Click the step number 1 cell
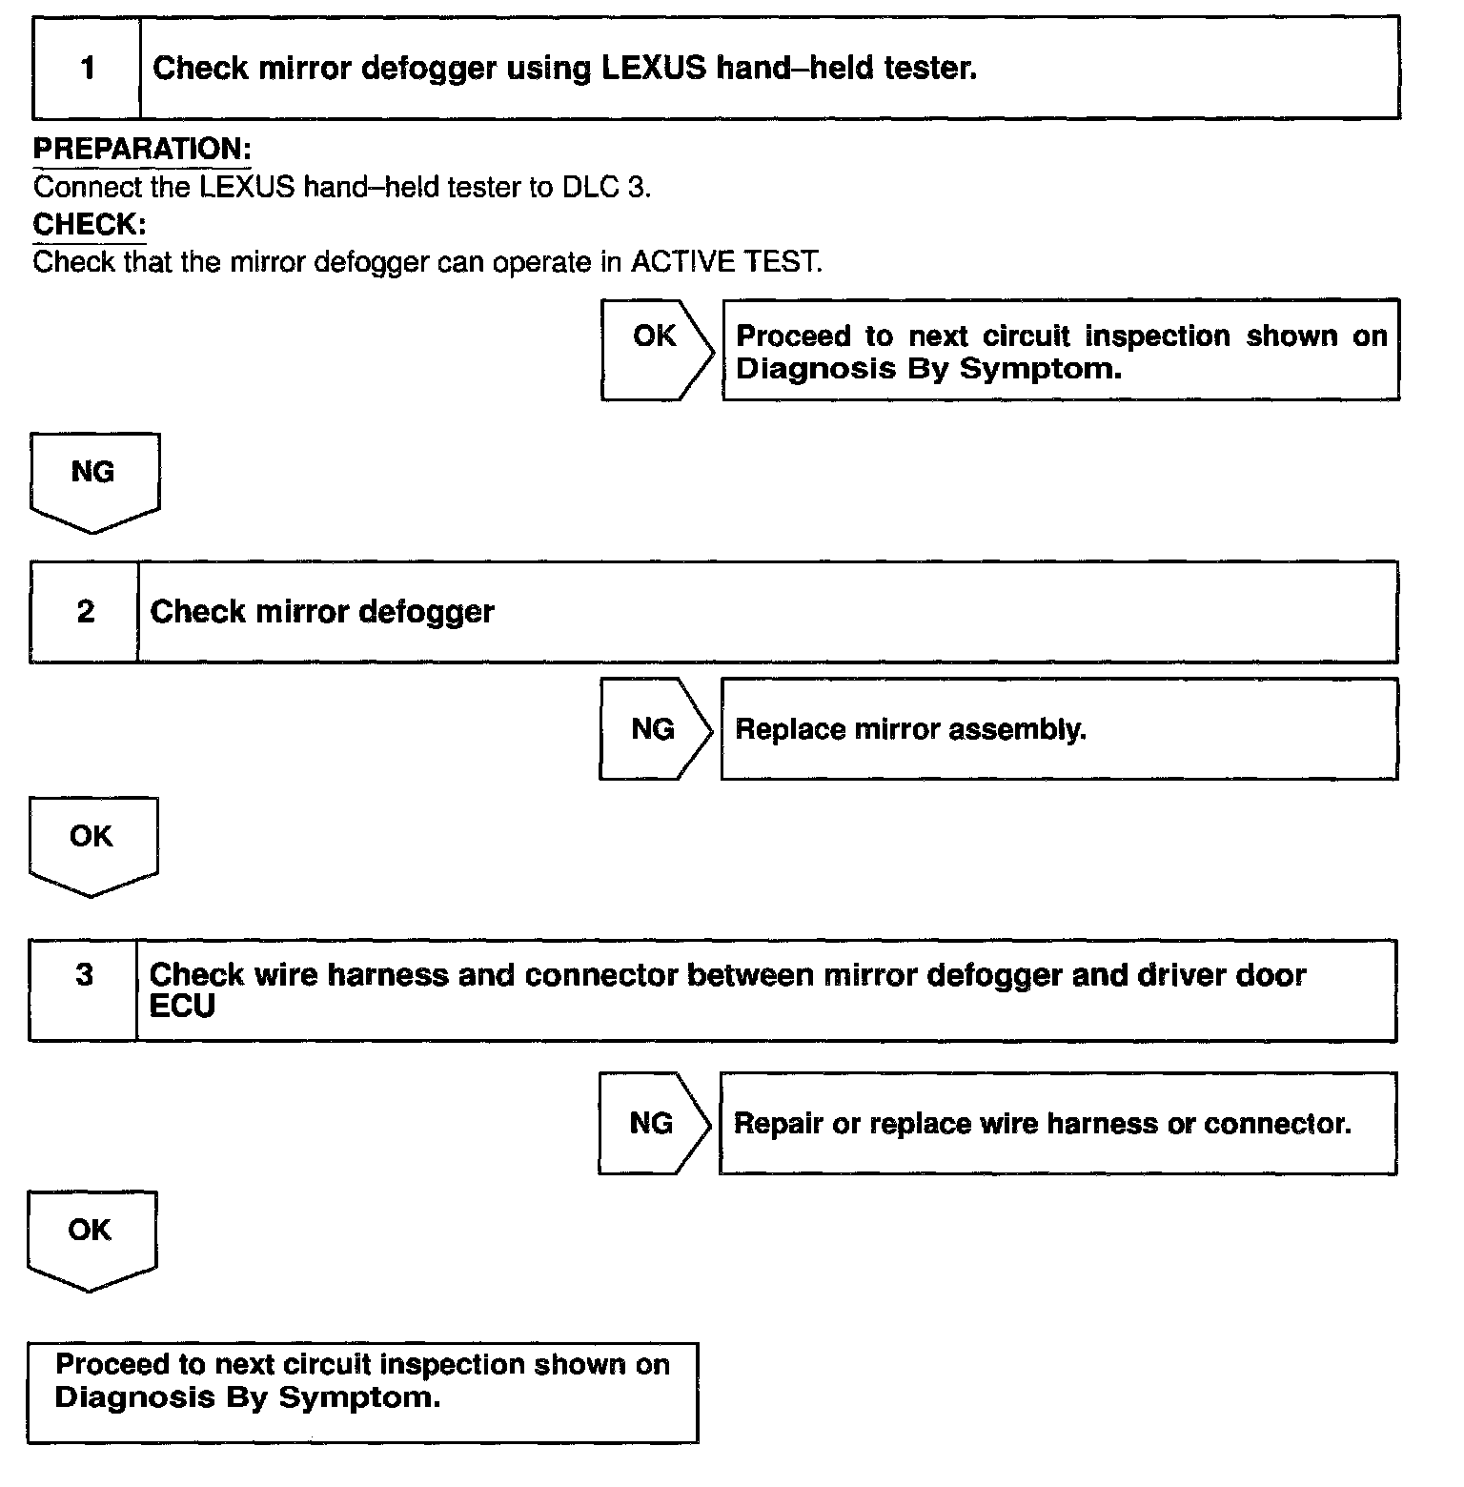(88, 69)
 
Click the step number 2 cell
(86, 612)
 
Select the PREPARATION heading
(142, 149)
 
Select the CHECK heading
(90, 225)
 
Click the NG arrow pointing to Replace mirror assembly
(654, 729)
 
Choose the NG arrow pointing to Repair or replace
(653, 1123)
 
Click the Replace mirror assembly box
(1059, 729)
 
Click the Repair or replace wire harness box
(1057, 1124)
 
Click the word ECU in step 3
(182, 1007)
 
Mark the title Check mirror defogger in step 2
(322, 612)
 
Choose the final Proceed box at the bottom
(362, 1393)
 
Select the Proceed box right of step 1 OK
(1061, 350)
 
